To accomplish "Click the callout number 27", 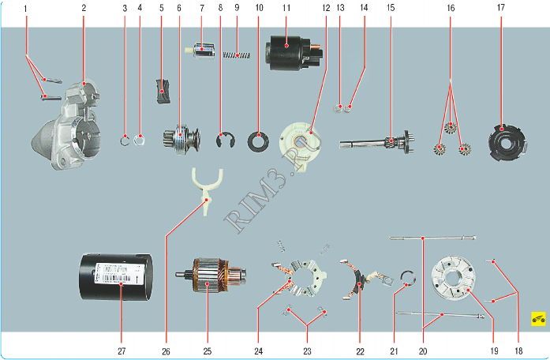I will pos(121,350).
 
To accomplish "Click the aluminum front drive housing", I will pos(71,130).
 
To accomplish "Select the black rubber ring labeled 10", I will pos(258,143).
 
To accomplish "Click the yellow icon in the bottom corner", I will pos(538,319).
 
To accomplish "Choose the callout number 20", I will pos(422,350).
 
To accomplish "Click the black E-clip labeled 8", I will pos(225,141).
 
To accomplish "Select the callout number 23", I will pos(307,350).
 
